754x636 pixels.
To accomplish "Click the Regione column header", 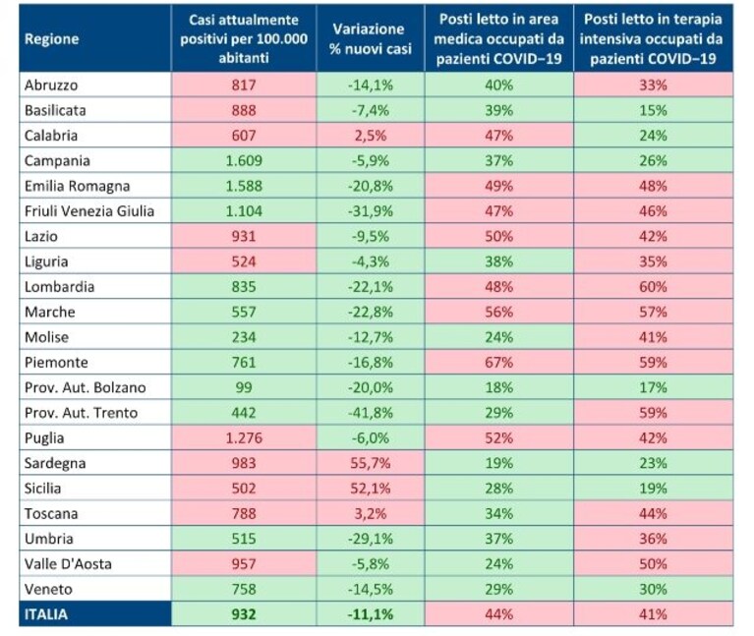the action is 51,39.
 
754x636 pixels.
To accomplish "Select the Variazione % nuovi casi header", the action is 371,39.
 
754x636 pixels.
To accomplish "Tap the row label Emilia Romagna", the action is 77,186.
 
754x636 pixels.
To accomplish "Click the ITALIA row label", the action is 46,614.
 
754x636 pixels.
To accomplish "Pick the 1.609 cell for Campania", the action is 244,160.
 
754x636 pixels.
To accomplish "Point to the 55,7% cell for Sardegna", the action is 371,463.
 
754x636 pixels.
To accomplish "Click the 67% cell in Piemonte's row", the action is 498,362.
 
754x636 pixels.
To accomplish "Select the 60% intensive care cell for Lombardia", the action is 653,286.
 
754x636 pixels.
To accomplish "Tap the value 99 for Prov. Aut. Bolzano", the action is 244,387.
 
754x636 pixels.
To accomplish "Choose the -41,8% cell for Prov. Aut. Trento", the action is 371,413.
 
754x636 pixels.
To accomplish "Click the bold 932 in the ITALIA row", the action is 244,614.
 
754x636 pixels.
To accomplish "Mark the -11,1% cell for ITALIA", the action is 371,614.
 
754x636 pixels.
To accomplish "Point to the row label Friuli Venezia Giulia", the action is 89,211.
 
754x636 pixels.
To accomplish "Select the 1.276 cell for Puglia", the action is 244,438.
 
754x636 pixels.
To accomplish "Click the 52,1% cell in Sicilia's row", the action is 371,489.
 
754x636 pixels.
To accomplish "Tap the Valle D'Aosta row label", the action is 68,564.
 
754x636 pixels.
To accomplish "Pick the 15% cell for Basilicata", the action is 653,110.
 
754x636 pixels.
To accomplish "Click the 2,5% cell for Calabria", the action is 371,136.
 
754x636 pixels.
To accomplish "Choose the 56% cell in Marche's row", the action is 498,312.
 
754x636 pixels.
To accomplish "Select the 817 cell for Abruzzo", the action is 244,86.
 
